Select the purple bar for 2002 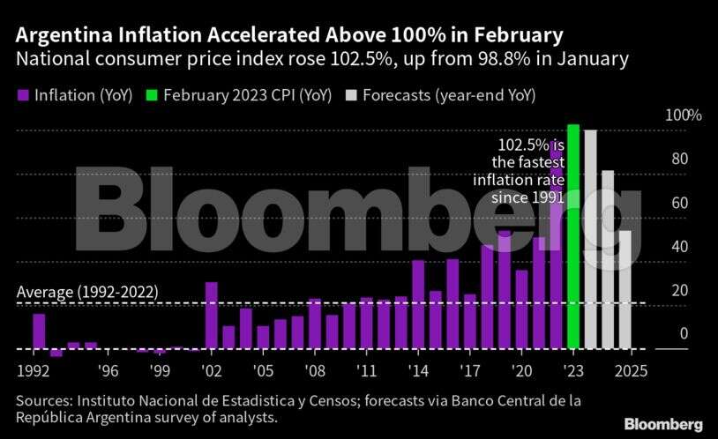click(212, 315)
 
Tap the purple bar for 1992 click(39, 331)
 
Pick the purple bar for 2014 click(418, 304)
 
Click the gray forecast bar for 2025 click(625, 289)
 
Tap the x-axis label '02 click(212, 369)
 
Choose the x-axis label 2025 click(631, 369)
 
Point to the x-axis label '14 click(418, 369)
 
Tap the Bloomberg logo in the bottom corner click(663, 424)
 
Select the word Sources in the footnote click(42, 402)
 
